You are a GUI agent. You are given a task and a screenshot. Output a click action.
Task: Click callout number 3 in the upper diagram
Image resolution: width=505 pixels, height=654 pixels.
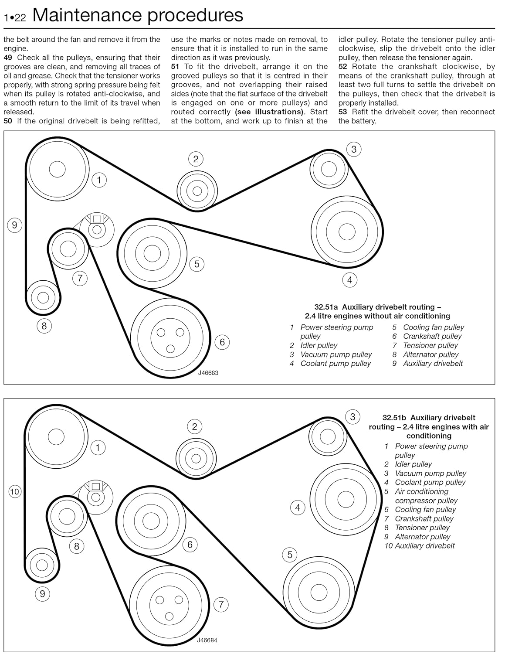pos(354,149)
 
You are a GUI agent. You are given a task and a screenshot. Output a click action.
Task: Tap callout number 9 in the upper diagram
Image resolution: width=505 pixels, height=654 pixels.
pos(14,225)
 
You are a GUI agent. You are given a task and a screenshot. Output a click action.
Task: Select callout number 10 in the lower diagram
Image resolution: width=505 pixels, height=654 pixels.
pos(15,492)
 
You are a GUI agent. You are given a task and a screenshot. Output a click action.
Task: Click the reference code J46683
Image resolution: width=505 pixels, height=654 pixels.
pos(208,373)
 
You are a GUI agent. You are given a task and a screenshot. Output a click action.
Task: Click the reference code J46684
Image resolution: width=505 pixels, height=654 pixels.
pos(207,640)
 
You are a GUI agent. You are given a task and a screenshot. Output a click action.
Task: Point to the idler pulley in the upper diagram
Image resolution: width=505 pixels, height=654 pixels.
pos(197,191)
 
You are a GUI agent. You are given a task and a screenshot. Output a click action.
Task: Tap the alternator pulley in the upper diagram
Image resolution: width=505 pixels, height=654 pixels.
pos(43,297)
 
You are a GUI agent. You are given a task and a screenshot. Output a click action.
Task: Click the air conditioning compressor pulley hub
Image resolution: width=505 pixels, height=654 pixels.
pos(319,592)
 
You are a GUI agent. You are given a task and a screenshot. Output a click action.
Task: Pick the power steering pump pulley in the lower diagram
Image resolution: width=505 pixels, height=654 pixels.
pos(56,436)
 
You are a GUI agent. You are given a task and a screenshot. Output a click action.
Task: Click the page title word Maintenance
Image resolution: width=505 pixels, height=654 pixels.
pos(88,15)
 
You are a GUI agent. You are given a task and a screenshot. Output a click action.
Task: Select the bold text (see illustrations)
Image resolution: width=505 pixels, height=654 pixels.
pos(269,112)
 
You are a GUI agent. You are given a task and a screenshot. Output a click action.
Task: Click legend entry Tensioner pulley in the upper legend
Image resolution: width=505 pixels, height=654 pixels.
pos(430,345)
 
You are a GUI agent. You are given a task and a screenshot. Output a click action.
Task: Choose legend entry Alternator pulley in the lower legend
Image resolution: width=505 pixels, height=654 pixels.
pos(422,537)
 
